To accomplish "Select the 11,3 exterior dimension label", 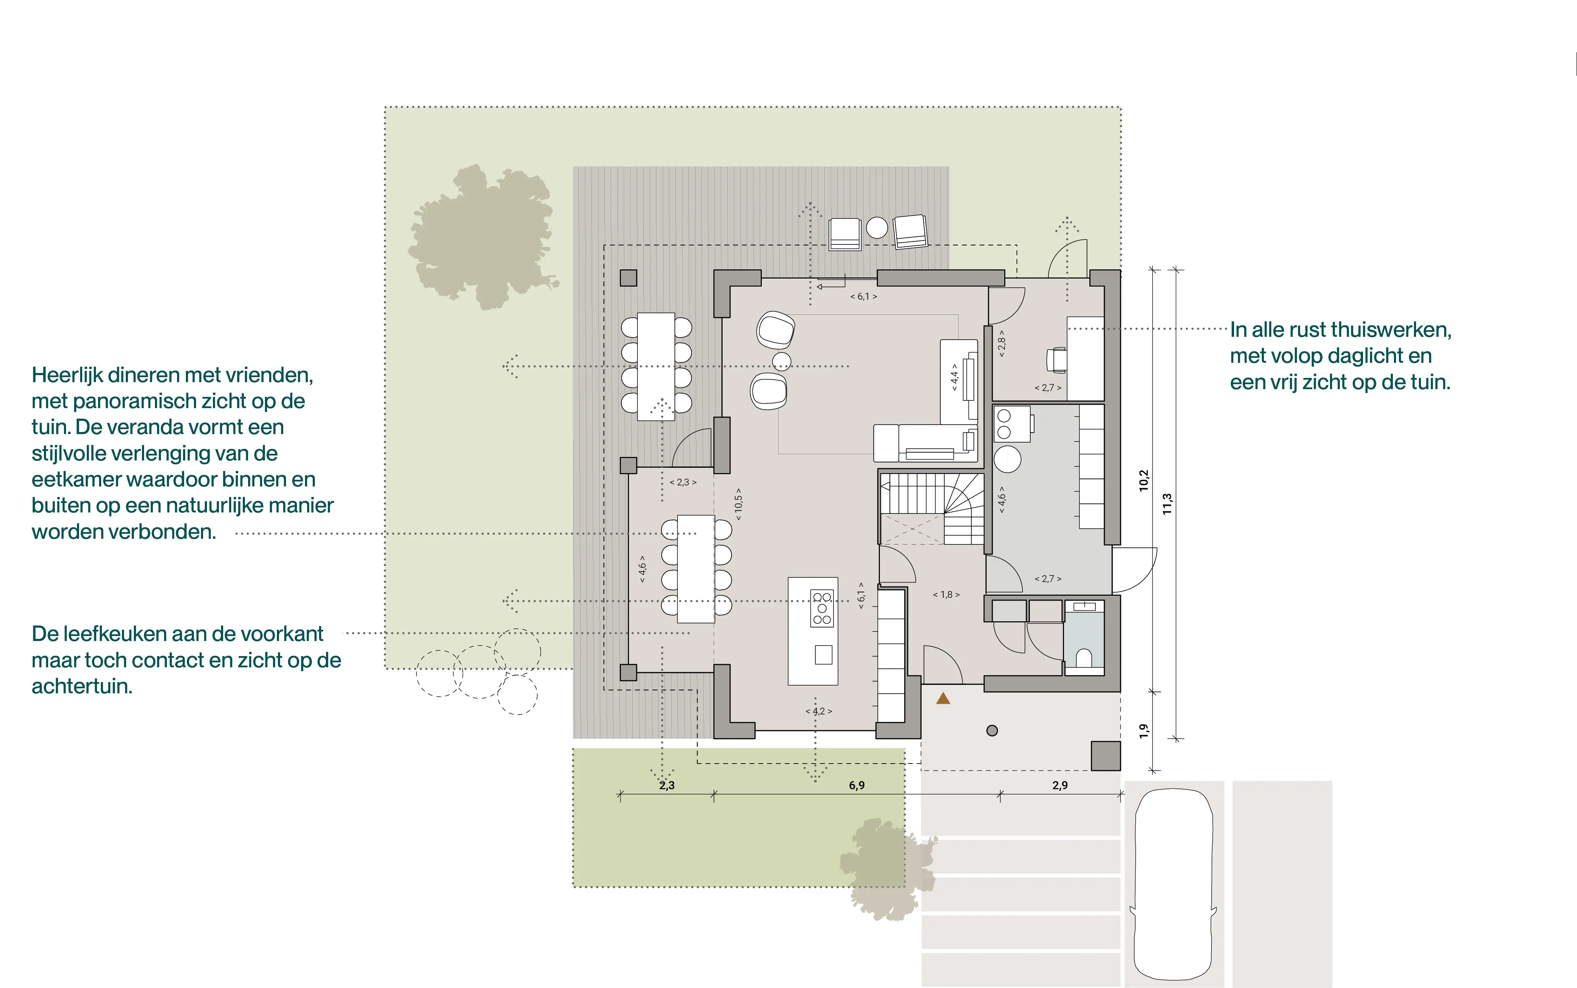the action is click(1167, 504).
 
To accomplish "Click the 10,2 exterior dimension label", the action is click(1143, 480).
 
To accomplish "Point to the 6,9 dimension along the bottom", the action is click(856, 785).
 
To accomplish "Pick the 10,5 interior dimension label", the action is click(739, 504).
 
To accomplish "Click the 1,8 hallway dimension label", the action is click(946, 595).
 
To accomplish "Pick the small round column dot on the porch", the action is click(992, 731).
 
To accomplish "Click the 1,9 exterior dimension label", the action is click(1143, 731).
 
